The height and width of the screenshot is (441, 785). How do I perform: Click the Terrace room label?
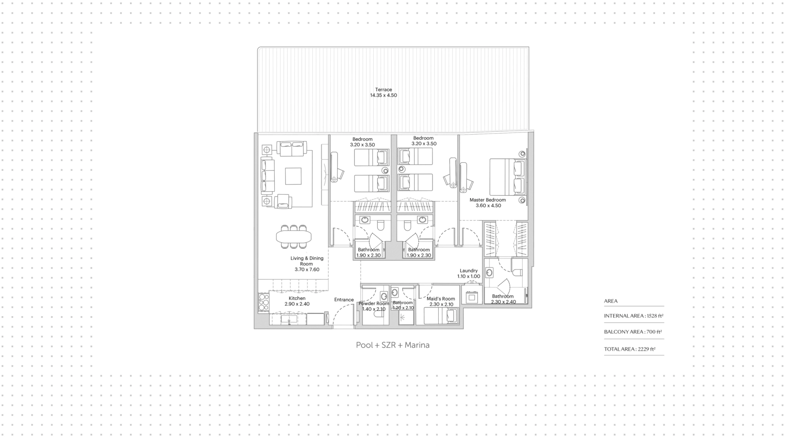pyautogui.click(x=384, y=90)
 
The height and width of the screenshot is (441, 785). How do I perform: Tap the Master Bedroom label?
pyautogui.click(x=487, y=200)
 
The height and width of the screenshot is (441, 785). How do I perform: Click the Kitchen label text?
pyautogui.click(x=297, y=298)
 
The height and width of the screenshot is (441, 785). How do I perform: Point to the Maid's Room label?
pyautogui.click(x=441, y=299)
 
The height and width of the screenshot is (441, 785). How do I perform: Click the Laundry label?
pyautogui.click(x=469, y=270)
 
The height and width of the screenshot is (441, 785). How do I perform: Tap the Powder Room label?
pyautogui.click(x=374, y=304)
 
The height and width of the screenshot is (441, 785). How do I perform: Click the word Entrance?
pyautogui.click(x=344, y=299)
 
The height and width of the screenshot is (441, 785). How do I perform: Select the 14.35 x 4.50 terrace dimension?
pyautogui.click(x=384, y=95)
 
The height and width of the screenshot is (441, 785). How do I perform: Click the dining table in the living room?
pyautogui.click(x=294, y=236)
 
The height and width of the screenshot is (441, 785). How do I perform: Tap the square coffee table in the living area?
pyautogui.click(x=293, y=176)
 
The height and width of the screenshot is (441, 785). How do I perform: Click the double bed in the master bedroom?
pyautogui.click(x=508, y=177)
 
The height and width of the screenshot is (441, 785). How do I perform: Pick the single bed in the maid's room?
pyautogui.click(x=441, y=315)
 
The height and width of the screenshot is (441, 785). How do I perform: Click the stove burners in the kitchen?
pyautogui.click(x=264, y=302)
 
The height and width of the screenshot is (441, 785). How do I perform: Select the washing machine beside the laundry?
pyautogui.click(x=472, y=297)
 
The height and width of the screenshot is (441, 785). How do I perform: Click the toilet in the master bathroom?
pyautogui.click(x=517, y=272)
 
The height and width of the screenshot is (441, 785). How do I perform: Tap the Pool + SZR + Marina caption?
pyautogui.click(x=392, y=345)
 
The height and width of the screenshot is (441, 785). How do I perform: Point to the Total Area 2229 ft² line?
pyautogui.click(x=630, y=349)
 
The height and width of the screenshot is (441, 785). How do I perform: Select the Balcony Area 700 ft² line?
pyautogui.click(x=633, y=332)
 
